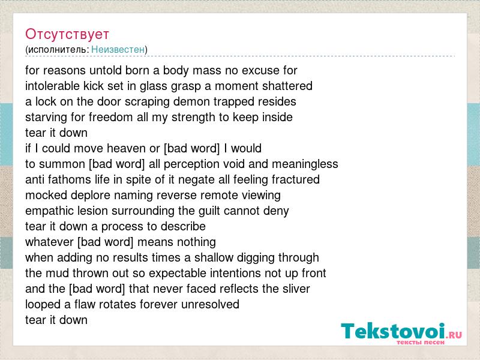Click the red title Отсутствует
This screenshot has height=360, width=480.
(67, 34)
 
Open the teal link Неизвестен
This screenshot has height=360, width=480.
(118, 49)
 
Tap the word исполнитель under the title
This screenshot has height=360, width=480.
(58, 50)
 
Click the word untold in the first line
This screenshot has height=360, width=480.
(106, 70)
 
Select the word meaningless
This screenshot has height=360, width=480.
(305, 164)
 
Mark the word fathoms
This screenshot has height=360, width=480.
(69, 179)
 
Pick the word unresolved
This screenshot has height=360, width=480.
(210, 305)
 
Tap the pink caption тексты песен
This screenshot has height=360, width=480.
(421, 342)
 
